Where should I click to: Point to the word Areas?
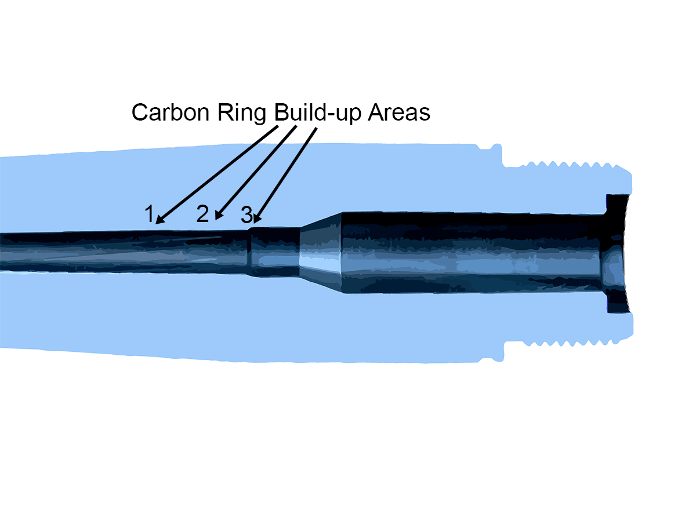pyautogui.click(x=399, y=112)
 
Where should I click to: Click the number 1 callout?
pyautogui.click(x=150, y=214)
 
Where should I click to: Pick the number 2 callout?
pyautogui.click(x=202, y=214)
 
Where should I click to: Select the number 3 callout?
pyautogui.click(x=247, y=216)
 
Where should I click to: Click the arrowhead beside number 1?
pyautogui.click(x=159, y=221)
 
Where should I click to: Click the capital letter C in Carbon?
pyautogui.click(x=140, y=112)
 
